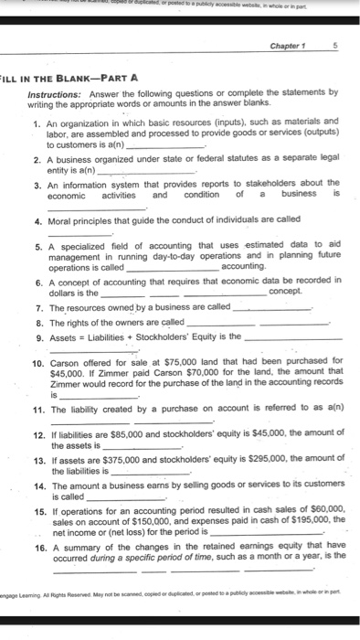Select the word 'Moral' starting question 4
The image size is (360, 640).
tap(60, 219)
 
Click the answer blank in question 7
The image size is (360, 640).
tap(272, 307)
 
